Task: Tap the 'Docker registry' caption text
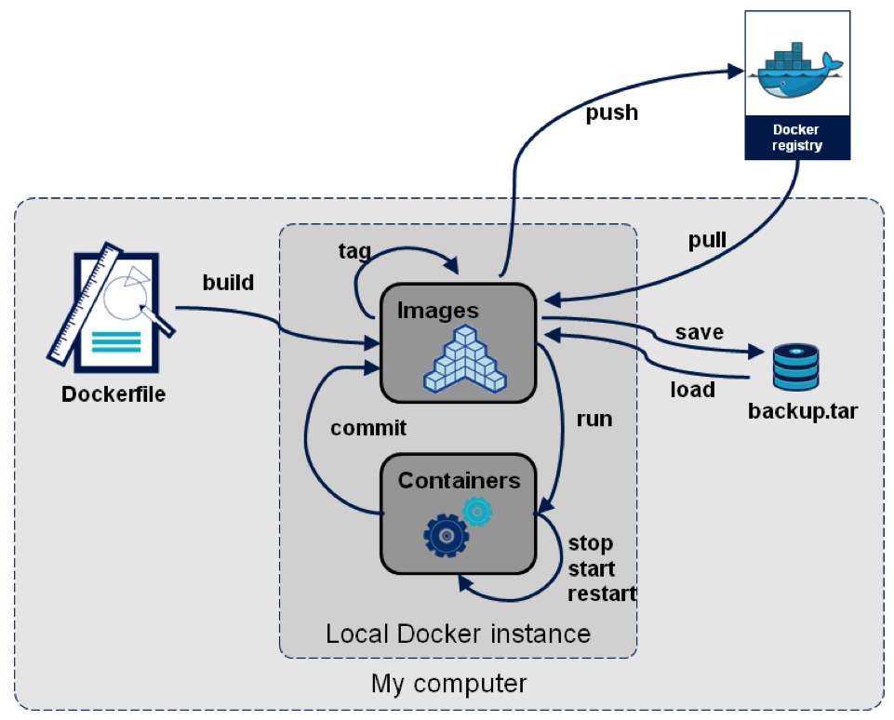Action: coord(796,138)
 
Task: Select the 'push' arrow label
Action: coord(611,113)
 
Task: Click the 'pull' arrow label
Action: coord(706,241)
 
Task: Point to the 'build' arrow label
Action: coord(228,282)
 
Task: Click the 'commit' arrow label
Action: coord(368,428)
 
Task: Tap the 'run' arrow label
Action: coord(594,419)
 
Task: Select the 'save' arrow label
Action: coord(700,332)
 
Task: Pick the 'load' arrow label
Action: coord(692,389)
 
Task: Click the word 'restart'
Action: coord(602,593)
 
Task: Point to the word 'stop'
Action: coord(591,542)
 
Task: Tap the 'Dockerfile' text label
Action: coord(113,393)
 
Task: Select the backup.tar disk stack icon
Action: coord(796,367)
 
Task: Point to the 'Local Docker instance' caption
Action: coord(458,634)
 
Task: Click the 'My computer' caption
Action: coord(448,684)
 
